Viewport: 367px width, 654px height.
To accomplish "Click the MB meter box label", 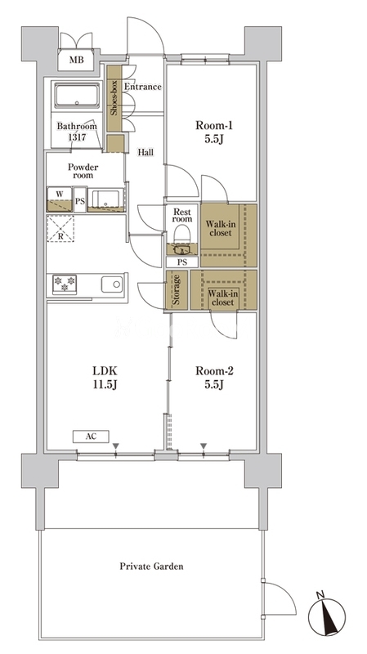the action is (76, 60).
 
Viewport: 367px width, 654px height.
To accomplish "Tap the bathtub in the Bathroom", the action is (77, 95).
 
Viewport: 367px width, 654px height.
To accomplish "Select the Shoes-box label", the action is (114, 97).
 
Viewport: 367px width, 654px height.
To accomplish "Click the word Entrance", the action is (143, 87).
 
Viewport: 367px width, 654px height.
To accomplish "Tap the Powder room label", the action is (83, 171).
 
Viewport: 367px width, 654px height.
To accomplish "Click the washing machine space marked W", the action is (60, 199).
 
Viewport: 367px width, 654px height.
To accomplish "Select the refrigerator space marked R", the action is (60, 229).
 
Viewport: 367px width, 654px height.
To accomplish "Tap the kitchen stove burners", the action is (65, 284).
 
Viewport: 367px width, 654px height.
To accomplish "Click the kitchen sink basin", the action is (112, 284).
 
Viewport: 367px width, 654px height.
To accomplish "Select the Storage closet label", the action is (177, 290).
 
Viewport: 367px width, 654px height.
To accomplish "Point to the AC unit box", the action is (91, 437).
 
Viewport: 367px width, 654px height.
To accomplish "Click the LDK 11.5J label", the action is (105, 377).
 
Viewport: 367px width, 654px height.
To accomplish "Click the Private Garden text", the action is (151, 567).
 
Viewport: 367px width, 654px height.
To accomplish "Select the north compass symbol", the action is (327, 616).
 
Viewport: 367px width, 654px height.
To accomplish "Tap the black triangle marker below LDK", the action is (116, 446).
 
